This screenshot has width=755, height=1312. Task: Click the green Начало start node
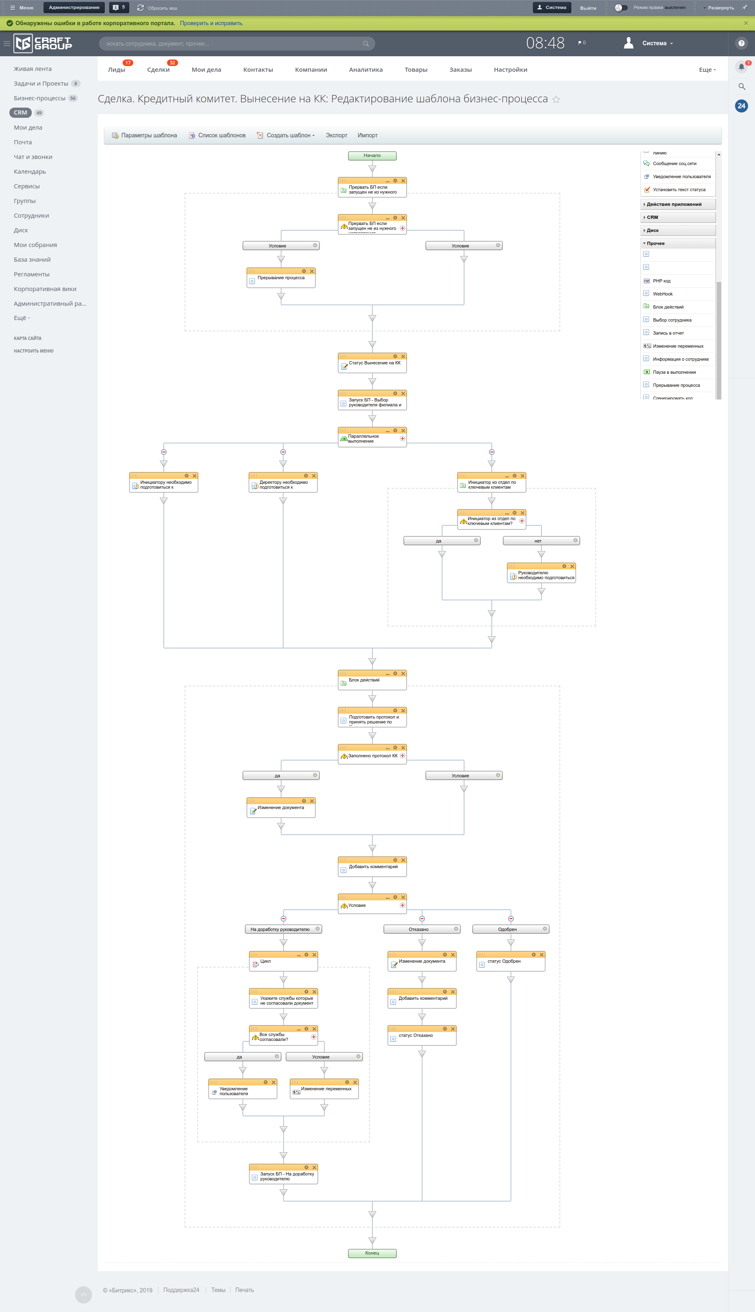(x=372, y=156)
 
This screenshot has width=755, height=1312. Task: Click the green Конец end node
(x=372, y=1253)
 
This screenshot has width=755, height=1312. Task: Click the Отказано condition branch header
(x=418, y=929)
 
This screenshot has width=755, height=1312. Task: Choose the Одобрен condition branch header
(x=507, y=929)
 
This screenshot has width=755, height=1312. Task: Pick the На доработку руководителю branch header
(x=280, y=929)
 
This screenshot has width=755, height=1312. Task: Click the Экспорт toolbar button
(x=337, y=135)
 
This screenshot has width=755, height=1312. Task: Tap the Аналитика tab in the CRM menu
(x=365, y=69)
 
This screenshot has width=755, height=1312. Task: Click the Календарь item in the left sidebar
(x=30, y=172)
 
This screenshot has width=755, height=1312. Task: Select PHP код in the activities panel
(x=662, y=281)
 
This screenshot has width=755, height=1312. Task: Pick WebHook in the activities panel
(x=663, y=294)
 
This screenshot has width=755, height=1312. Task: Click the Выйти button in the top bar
(x=588, y=8)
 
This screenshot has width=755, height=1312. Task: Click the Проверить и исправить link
(x=211, y=23)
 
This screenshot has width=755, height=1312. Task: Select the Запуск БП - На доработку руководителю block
(x=284, y=1176)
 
